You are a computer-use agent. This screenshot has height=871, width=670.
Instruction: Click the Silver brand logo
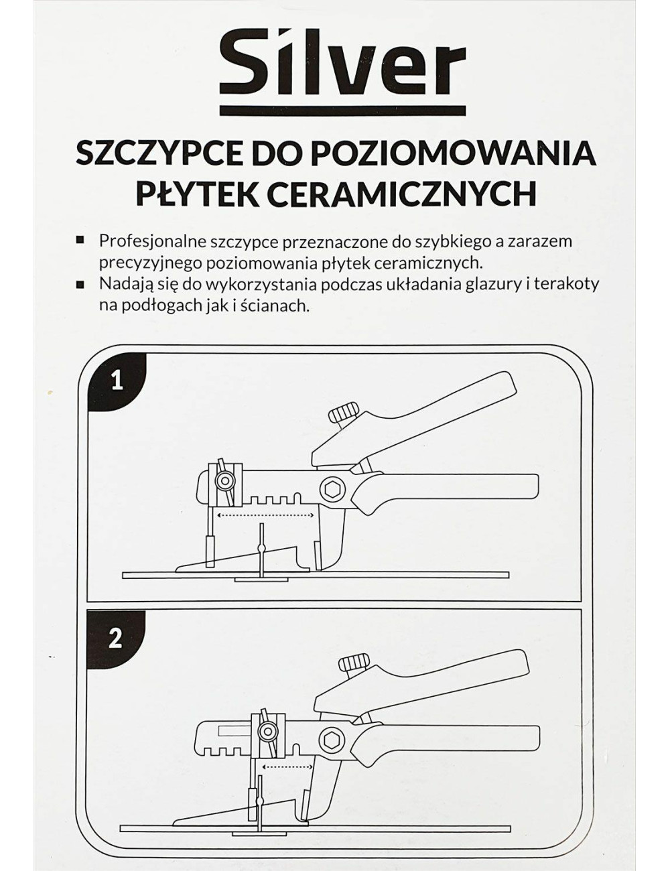click(x=342, y=66)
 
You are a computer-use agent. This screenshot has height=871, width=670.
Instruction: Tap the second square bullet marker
click(x=81, y=283)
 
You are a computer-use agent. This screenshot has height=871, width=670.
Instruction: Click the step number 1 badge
click(x=117, y=381)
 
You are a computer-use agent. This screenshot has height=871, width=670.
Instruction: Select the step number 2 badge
click(x=115, y=639)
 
